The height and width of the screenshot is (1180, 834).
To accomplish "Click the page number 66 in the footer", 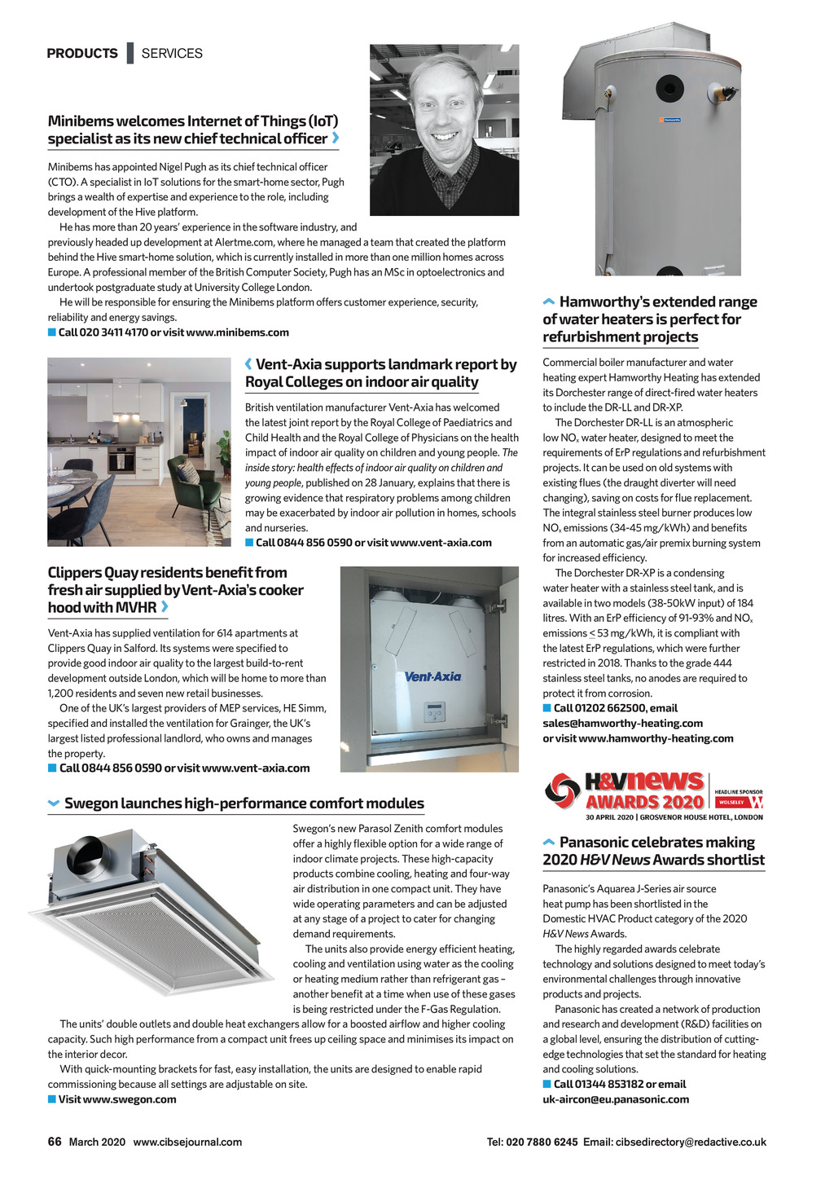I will point(55,1142).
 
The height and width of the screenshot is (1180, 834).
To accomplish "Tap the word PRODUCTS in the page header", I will point(82,54).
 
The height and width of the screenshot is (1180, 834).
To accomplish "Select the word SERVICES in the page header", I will point(172,54).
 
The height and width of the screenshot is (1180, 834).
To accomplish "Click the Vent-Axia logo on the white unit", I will point(432,676).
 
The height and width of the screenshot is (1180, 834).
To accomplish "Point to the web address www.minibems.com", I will point(237,332).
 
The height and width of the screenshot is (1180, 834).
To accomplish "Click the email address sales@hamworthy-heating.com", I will point(622,723).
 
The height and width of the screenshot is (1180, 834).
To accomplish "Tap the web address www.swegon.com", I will point(129,1099).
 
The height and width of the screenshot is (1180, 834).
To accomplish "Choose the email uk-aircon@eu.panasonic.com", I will point(616,1099).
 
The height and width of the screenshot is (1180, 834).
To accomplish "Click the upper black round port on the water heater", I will point(669,87).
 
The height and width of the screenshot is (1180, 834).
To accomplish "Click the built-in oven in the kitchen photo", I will point(121,459).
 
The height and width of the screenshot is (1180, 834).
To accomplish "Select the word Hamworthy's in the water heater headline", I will point(604,302).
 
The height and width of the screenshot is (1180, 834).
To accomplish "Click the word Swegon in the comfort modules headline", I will point(90,804).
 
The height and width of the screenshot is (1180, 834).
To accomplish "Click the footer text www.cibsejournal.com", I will point(187,1142).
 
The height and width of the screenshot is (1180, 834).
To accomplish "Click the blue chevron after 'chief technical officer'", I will point(336,139).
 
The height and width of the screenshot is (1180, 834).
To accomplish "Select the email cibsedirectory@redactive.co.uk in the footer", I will point(691,1142).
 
